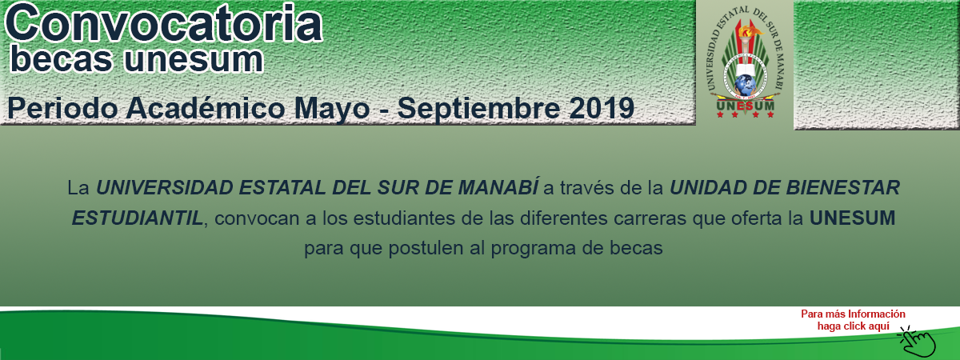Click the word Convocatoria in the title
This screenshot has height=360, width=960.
tap(163, 22)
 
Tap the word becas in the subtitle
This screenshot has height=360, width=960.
tap(62, 59)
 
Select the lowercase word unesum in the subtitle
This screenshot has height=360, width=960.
tap(194, 60)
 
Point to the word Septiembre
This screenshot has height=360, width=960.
tap(478, 110)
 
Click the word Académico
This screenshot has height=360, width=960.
tap(206, 108)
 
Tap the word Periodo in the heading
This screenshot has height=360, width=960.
tap(62, 108)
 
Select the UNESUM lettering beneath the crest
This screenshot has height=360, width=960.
tap(746, 106)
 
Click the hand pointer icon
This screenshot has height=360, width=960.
tap(918, 342)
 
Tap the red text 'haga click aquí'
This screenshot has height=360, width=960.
tap(854, 326)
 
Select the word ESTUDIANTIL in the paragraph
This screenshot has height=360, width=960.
tap(137, 218)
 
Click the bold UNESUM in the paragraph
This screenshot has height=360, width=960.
tap(853, 218)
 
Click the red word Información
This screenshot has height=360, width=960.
tap(877, 314)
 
